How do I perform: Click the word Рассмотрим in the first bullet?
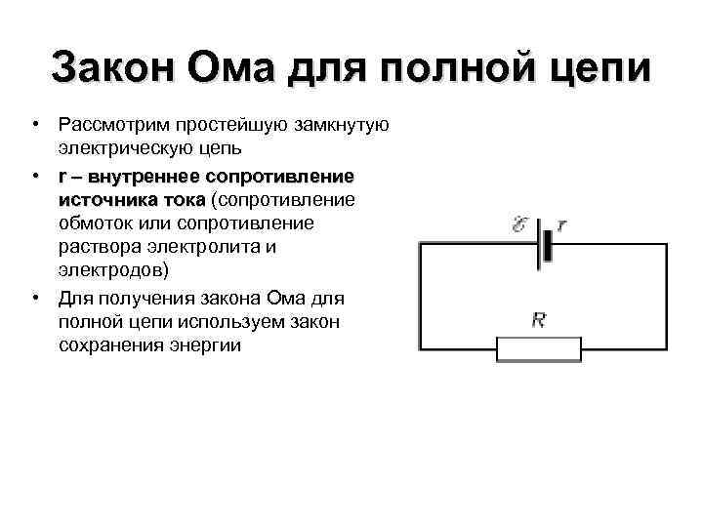click(109, 126)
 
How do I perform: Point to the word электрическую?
click(123, 150)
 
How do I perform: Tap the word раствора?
click(97, 248)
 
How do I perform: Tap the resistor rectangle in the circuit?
click(538, 348)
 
